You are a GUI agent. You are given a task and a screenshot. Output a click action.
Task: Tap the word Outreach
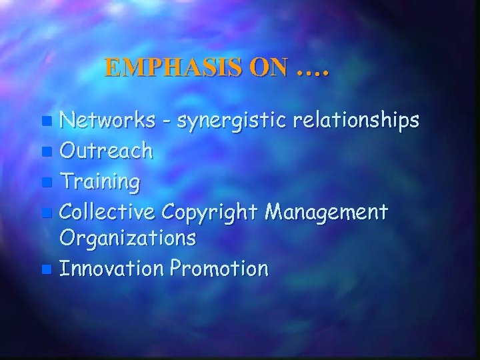coord(106,151)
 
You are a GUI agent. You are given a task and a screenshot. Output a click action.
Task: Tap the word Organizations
coord(128,239)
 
